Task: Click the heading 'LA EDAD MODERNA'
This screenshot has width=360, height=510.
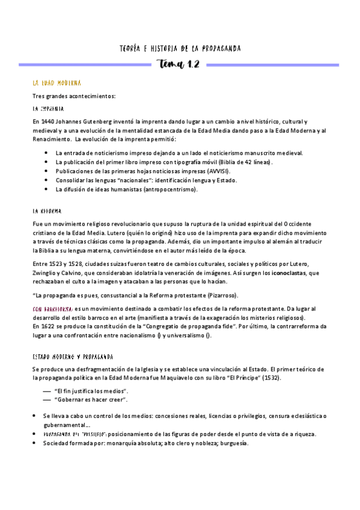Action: (x=57, y=82)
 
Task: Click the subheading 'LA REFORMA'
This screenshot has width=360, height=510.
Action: (x=47, y=212)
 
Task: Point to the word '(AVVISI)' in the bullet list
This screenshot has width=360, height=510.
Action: (x=215, y=171)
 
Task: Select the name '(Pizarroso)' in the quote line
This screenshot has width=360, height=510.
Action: (x=221, y=295)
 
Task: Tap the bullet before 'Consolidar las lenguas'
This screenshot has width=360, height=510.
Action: (x=46, y=180)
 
